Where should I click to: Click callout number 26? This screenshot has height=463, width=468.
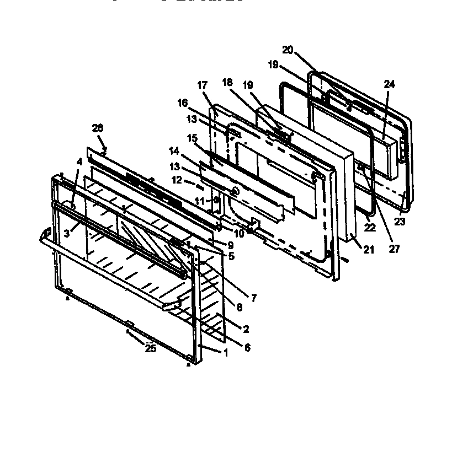(x=97, y=128)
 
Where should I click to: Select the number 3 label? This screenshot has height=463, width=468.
(x=66, y=233)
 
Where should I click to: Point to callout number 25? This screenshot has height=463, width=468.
(x=150, y=348)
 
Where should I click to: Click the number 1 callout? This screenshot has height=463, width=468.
(x=225, y=353)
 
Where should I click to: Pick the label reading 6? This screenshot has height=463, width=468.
(x=247, y=348)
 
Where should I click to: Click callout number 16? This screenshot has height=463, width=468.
(x=182, y=103)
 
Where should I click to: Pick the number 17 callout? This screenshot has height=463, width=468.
(x=202, y=85)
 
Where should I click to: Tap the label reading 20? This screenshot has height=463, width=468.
(x=287, y=49)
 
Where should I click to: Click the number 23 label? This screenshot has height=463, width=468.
(x=399, y=222)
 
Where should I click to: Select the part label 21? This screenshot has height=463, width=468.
(x=368, y=250)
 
